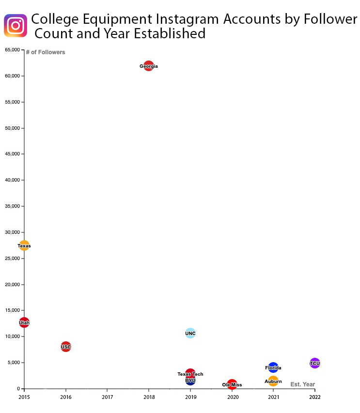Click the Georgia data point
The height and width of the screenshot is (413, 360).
click(x=149, y=66)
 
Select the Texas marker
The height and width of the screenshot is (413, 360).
click(x=24, y=245)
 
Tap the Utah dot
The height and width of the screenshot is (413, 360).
click(x=24, y=322)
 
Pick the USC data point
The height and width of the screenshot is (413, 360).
click(x=66, y=347)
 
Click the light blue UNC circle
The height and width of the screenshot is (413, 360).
click(x=190, y=333)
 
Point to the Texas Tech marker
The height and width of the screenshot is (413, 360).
click(x=190, y=373)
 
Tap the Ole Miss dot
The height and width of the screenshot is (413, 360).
click(x=232, y=384)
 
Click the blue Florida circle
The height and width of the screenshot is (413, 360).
click(x=273, y=367)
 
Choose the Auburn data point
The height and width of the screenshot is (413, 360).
click(x=273, y=381)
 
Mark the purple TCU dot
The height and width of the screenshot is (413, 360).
click(x=315, y=363)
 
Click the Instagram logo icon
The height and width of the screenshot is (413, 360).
click(x=16, y=26)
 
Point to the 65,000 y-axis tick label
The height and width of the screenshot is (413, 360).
click(x=12, y=50)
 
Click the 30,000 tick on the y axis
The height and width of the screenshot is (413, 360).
click(x=12, y=232)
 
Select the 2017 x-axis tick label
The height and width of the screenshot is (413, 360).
click(x=108, y=397)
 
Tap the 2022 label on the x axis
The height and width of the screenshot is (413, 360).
click(x=315, y=397)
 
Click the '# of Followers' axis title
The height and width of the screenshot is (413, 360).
click(x=46, y=52)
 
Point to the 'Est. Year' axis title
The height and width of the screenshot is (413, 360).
click(x=302, y=384)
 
